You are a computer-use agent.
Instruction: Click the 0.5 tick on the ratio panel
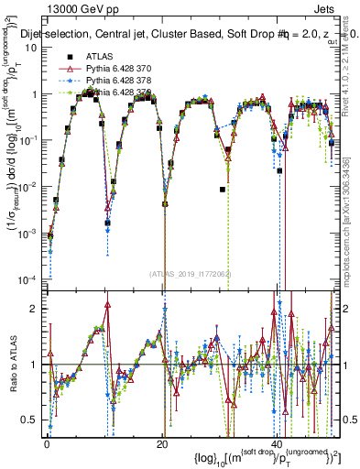click(31, 420)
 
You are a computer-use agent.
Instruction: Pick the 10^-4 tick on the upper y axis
click(27, 278)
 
